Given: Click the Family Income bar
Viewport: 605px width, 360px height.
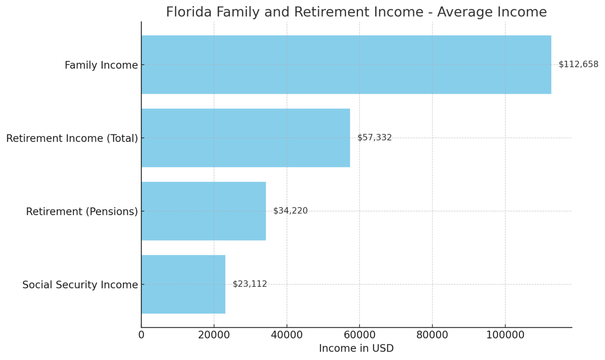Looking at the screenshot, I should click(x=346, y=65).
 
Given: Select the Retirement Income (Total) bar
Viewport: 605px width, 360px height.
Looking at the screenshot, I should click(x=245, y=138).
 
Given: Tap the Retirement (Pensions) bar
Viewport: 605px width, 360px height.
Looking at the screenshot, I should click(x=203, y=211).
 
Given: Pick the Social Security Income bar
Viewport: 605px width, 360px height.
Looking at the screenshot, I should click(x=183, y=284).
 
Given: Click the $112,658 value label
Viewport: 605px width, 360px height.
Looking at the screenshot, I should click(x=578, y=65).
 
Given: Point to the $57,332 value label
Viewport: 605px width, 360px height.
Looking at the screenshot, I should click(x=374, y=138).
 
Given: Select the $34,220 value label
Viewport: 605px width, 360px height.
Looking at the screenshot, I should click(x=290, y=211).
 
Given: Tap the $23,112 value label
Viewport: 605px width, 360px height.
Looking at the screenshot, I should click(x=250, y=284).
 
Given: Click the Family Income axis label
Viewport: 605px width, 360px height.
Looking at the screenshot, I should click(x=101, y=65).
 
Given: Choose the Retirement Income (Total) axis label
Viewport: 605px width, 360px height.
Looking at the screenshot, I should click(x=72, y=138).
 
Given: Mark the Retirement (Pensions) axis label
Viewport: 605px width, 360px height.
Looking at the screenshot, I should click(x=82, y=212).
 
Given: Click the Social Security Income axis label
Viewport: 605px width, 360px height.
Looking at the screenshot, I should click(x=80, y=285).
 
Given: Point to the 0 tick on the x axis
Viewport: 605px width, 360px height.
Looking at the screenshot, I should click(x=141, y=335).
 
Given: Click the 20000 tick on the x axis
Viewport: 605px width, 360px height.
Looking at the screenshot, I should click(x=214, y=335).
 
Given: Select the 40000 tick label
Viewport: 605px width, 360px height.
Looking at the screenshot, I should click(x=287, y=335).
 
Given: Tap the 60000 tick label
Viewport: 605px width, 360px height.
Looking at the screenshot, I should click(x=360, y=335).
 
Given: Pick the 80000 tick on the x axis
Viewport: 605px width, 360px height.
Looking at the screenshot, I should click(x=432, y=335).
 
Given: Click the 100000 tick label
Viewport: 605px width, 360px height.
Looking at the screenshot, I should click(x=505, y=335).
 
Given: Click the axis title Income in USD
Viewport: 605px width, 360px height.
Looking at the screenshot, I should click(x=356, y=349).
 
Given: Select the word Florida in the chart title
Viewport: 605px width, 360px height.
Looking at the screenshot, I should click(x=188, y=12).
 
